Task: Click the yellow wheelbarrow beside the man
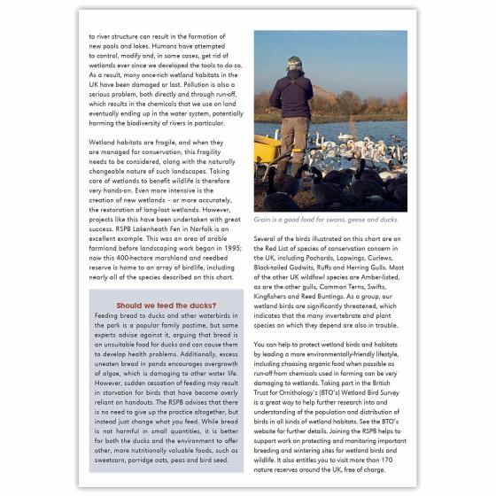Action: tap(267, 151)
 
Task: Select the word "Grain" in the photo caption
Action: tap(265, 219)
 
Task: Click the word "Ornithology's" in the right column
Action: tap(299, 374)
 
